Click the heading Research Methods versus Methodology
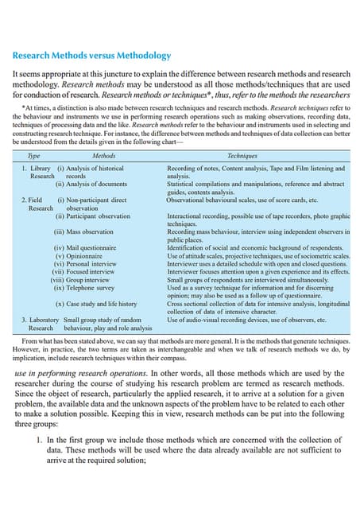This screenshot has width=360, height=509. pyautogui.click(x=91, y=56)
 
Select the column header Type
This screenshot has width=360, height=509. pyautogui.click(x=34, y=157)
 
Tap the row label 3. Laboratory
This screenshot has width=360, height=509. pyautogui.click(x=40, y=319)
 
